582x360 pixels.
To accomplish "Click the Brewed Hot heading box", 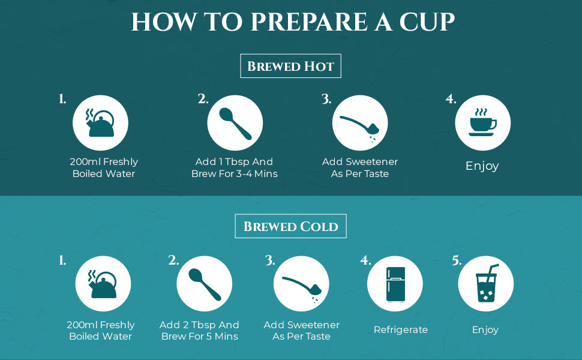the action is click(x=290, y=66).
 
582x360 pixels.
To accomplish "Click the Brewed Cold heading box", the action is click(x=290, y=226).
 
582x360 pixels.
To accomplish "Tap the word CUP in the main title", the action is click(x=427, y=22).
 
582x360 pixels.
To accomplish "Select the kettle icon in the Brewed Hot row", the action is click(x=100, y=123).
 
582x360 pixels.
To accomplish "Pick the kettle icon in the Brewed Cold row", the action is click(x=103, y=284).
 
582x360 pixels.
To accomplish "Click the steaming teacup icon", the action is click(x=482, y=122).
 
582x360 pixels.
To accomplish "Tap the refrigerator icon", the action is click(x=395, y=284).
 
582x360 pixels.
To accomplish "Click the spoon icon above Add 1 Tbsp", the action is click(x=235, y=124).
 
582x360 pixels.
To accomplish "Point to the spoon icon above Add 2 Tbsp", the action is click(x=205, y=284).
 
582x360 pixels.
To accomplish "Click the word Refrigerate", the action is click(x=400, y=329).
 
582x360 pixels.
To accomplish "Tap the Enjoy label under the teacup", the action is click(x=482, y=166).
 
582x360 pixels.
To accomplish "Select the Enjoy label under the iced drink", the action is click(x=485, y=329).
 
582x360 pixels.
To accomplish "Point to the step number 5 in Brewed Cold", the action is click(x=457, y=260).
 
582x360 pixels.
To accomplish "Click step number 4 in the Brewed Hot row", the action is click(x=451, y=99).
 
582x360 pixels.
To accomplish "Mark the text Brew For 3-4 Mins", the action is click(x=234, y=173).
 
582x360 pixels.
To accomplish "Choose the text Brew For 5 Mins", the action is click(x=200, y=336).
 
